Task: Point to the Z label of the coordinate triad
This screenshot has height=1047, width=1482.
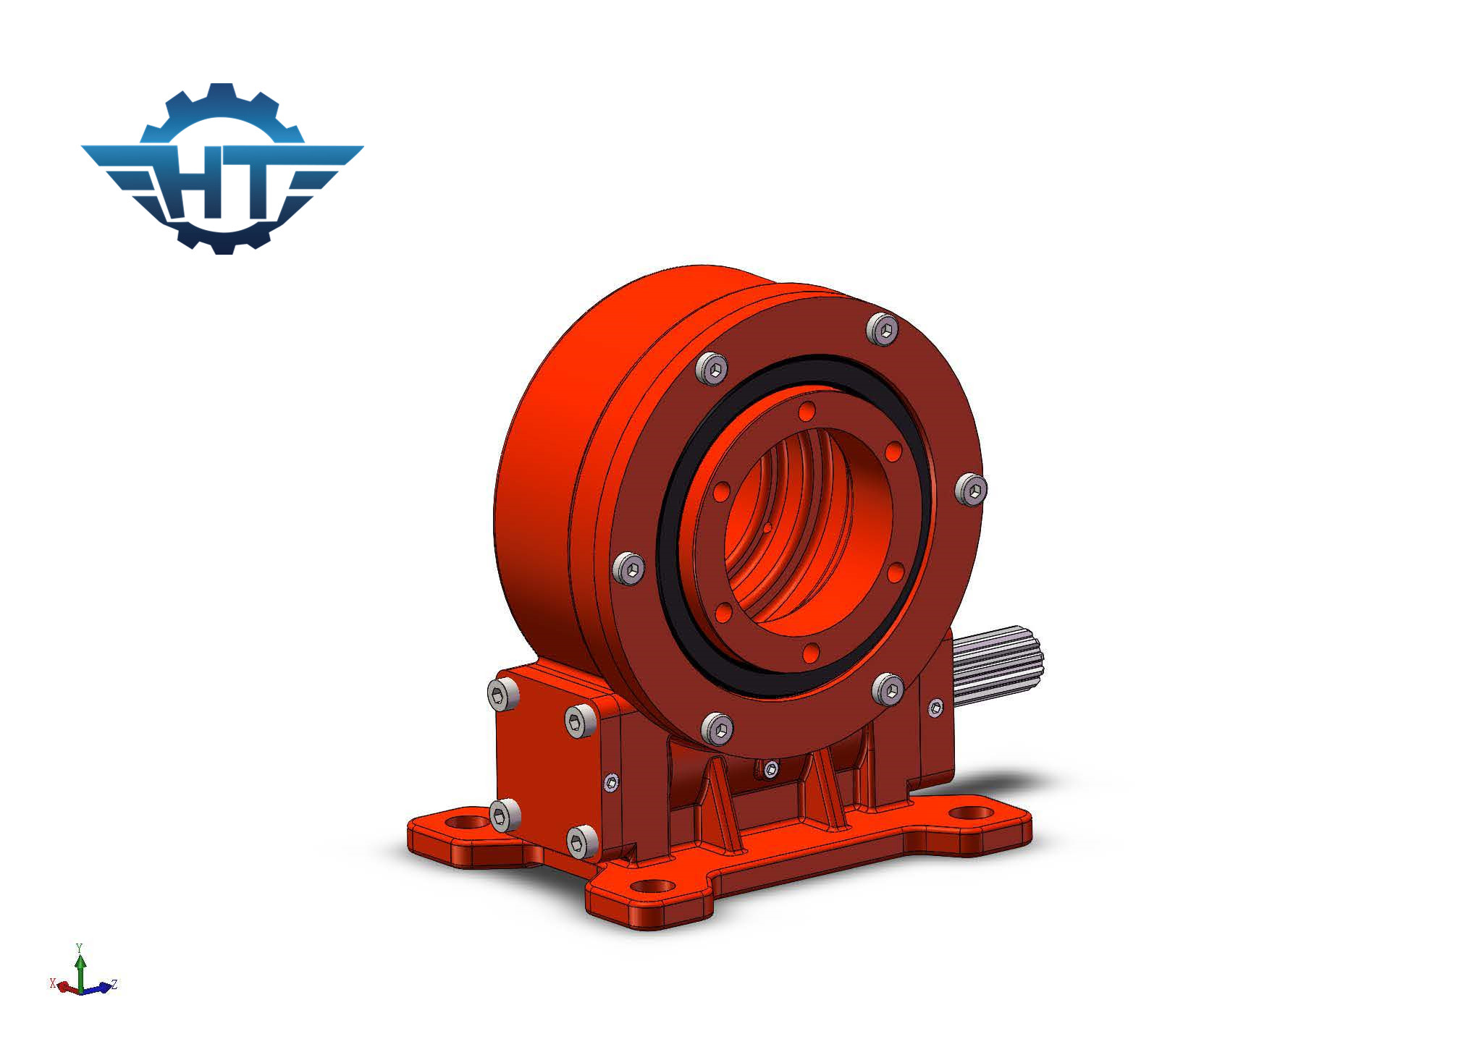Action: (x=114, y=984)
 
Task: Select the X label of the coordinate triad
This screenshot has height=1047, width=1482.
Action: (x=52, y=983)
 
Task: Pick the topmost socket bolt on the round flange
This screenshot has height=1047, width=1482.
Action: (x=882, y=330)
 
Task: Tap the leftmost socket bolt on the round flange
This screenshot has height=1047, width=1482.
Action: (x=628, y=568)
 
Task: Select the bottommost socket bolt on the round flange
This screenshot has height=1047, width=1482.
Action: (x=717, y=729)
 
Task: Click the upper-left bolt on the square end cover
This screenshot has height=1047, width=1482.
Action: (x=503, y=695)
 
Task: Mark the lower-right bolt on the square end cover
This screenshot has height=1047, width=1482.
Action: (x=581, y=842)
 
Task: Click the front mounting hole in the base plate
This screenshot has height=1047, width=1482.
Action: (x=651, y=886)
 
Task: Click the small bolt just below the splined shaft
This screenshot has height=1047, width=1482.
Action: (x=935, y=708)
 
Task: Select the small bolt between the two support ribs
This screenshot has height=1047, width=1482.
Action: (x=771, y=769)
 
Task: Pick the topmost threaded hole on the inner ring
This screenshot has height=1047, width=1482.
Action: (x=807, y=411)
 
